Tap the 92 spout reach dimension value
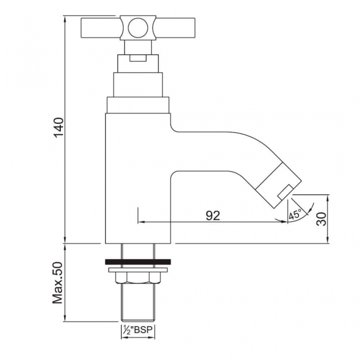click(213, 216)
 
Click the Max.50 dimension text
click(59, 283)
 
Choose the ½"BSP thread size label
click(138, 330)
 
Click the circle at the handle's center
click(137, 28)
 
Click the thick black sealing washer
click(138, 261)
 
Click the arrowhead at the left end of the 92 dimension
click(141, 222)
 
